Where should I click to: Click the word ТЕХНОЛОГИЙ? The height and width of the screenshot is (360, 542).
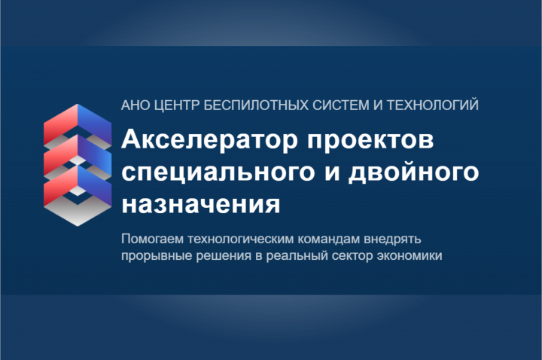point(432,105)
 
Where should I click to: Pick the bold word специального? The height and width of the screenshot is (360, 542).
point(218,173)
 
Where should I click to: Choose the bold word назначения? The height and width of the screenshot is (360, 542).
point(201,205)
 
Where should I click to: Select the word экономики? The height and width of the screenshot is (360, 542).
point(410,256)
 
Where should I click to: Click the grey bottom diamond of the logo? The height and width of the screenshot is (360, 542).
point(78,212)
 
